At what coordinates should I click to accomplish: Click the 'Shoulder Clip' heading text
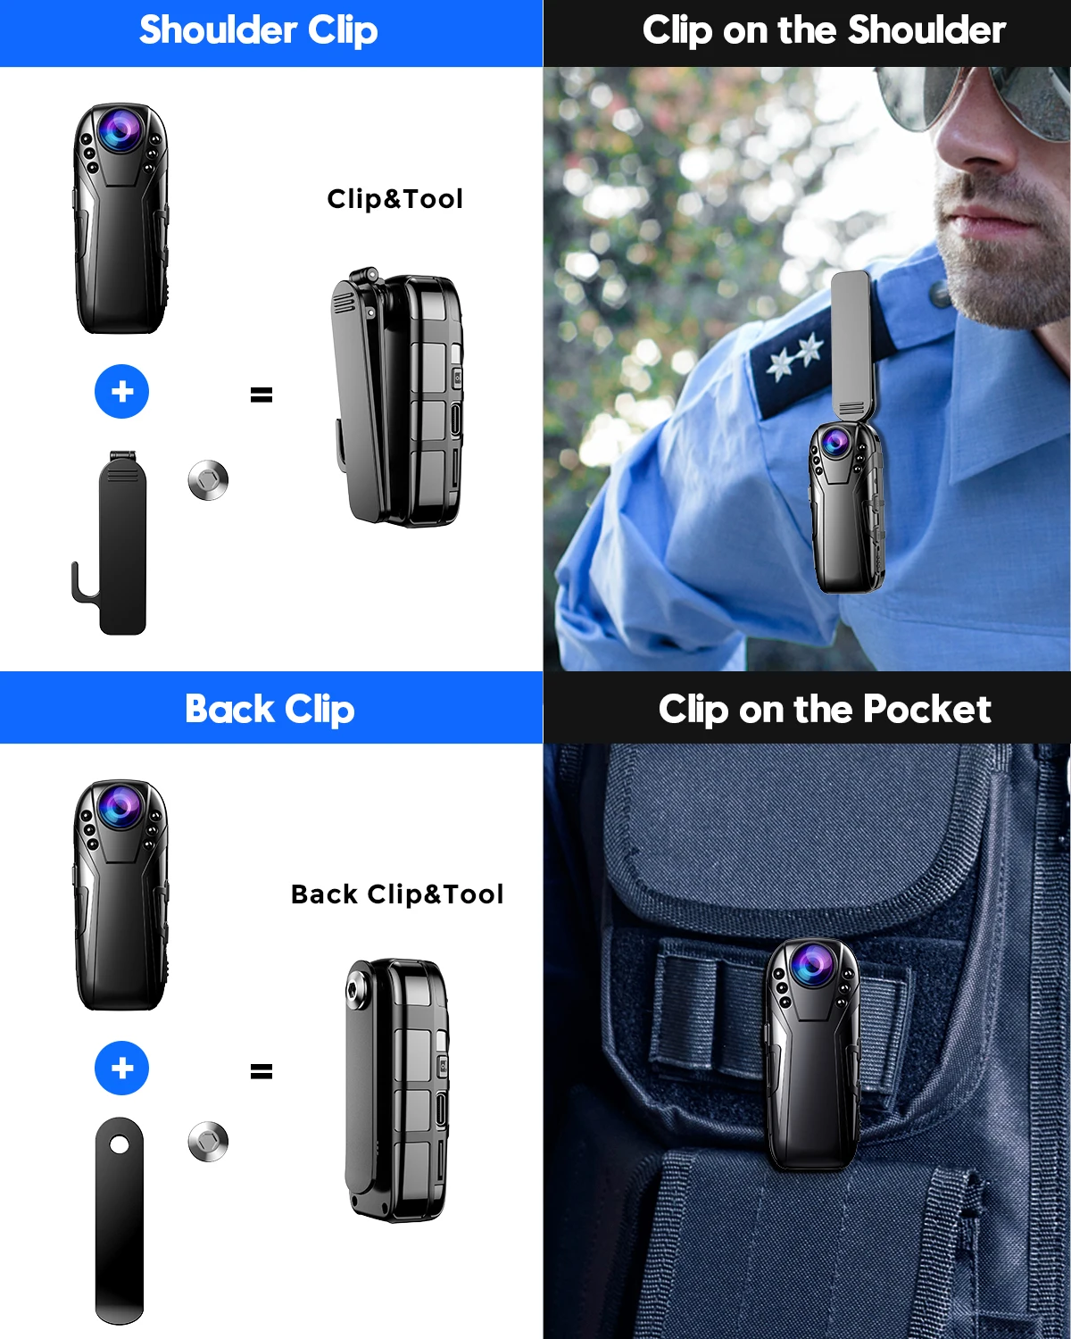258,30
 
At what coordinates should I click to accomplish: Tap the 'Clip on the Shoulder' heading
824,30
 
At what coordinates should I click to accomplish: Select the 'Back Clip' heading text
270,710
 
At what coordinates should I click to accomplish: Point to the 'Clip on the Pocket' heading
825,710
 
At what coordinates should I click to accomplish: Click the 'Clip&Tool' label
395,199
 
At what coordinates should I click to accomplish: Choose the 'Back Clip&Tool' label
397,894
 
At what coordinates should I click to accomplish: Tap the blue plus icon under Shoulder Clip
122,391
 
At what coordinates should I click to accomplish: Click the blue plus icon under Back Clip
122,1068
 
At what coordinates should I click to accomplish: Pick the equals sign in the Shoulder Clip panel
262,395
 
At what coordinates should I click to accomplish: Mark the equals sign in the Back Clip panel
262,1071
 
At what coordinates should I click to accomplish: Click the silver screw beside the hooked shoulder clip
209,479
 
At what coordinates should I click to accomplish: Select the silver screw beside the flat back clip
209,1141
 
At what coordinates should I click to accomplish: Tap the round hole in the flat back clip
120,1144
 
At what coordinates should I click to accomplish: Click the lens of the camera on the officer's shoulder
835,442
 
